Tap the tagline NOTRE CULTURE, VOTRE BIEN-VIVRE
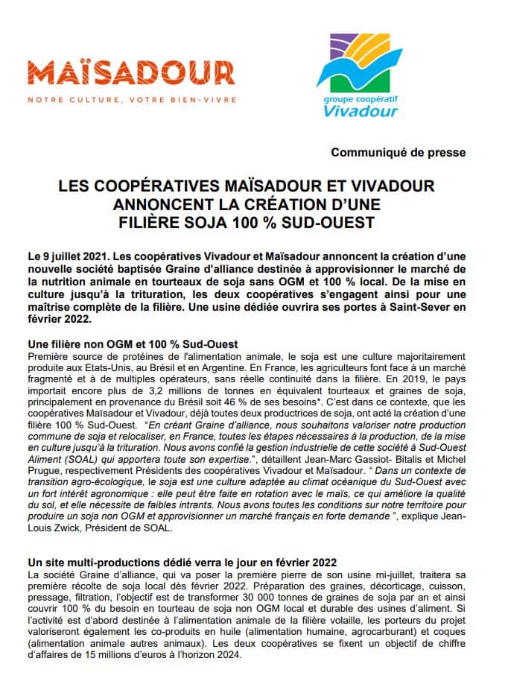tap(121, 100)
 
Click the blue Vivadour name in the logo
tap(361, 111)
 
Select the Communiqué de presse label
tap(399, 152)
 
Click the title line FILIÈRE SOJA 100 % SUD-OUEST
tap(247, 222)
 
